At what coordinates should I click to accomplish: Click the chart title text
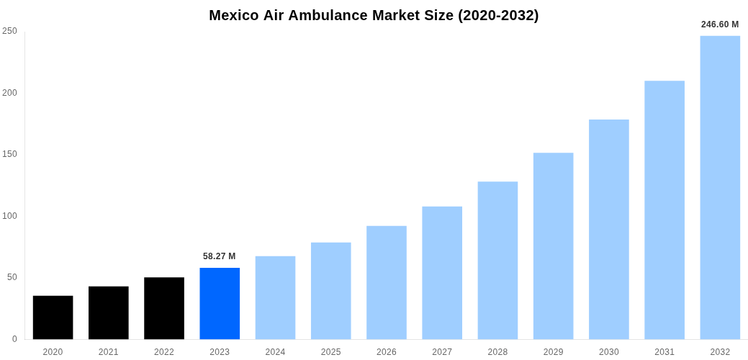pos(374,15)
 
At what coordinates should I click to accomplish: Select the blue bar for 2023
pos(220,303)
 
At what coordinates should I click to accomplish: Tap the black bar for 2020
pos(53,318)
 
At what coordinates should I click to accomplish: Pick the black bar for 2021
pos(109,312)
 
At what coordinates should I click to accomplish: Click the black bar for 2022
pos(164,308)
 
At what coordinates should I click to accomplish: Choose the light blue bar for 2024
pos(275,297)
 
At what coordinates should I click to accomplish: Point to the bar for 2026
pos(387,282)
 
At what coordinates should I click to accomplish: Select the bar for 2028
pos(497,260)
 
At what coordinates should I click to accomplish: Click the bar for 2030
pos(609,229)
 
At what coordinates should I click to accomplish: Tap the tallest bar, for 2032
pos(720,187)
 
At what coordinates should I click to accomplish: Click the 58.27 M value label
pos(220,256)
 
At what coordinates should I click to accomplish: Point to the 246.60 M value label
pos(720,24)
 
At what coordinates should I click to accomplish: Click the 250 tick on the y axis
pos(9,31)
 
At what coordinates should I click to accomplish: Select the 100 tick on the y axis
pos(9,216)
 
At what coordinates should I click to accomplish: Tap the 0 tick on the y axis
pos(14,339)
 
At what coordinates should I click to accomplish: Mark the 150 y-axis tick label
pos(9,154)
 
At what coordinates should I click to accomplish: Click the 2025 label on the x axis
pos(331,352)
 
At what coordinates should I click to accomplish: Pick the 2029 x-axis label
pos(554,352)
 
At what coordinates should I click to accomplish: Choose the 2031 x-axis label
pos(664,352)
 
